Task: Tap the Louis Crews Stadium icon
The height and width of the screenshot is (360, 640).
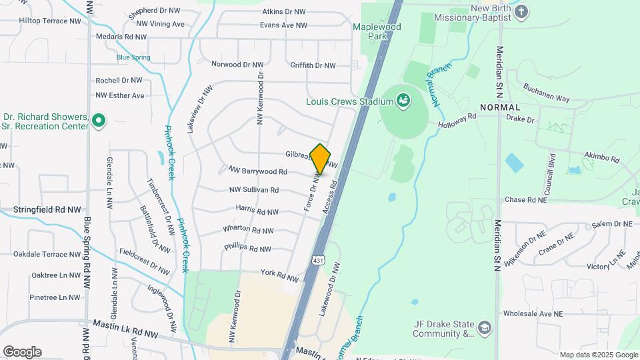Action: [x=403, y=101]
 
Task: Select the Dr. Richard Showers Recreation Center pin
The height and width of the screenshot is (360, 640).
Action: [x=99, y=121]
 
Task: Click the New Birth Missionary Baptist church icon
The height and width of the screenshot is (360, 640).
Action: [x=521, y=11]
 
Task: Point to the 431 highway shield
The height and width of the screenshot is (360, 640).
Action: [x=318, y=261]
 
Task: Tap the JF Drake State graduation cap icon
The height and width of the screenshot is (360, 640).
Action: [x=485, y=327]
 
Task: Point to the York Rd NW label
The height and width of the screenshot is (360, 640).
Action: [x=279, y=275]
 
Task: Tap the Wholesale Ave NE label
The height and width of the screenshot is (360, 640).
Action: [x=533, y=313]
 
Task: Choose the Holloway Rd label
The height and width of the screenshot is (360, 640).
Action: [x=457, y=120]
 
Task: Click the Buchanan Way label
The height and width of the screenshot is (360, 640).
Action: [x=546, y=93]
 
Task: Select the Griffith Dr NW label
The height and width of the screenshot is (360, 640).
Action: [x=313, y=65]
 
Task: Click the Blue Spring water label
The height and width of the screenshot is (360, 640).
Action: [x=133, y=57]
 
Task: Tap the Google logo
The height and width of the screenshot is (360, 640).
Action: [x=21, y=352]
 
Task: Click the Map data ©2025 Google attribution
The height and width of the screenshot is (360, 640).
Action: [x=598, y=355]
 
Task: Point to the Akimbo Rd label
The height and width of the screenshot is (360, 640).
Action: [x=601, y=159]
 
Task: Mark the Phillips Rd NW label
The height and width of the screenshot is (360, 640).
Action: [x=247, y=248]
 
